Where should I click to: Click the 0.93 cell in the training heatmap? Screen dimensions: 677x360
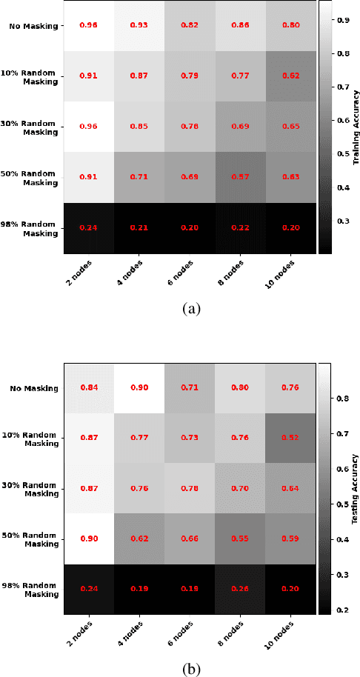pyautogui.click(x=139, y=26)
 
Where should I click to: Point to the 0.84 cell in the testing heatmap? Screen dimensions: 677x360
pyautogui.click(x=88, y=387)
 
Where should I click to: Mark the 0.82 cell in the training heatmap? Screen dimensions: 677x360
pyautogui.click(x=190, y=26)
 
